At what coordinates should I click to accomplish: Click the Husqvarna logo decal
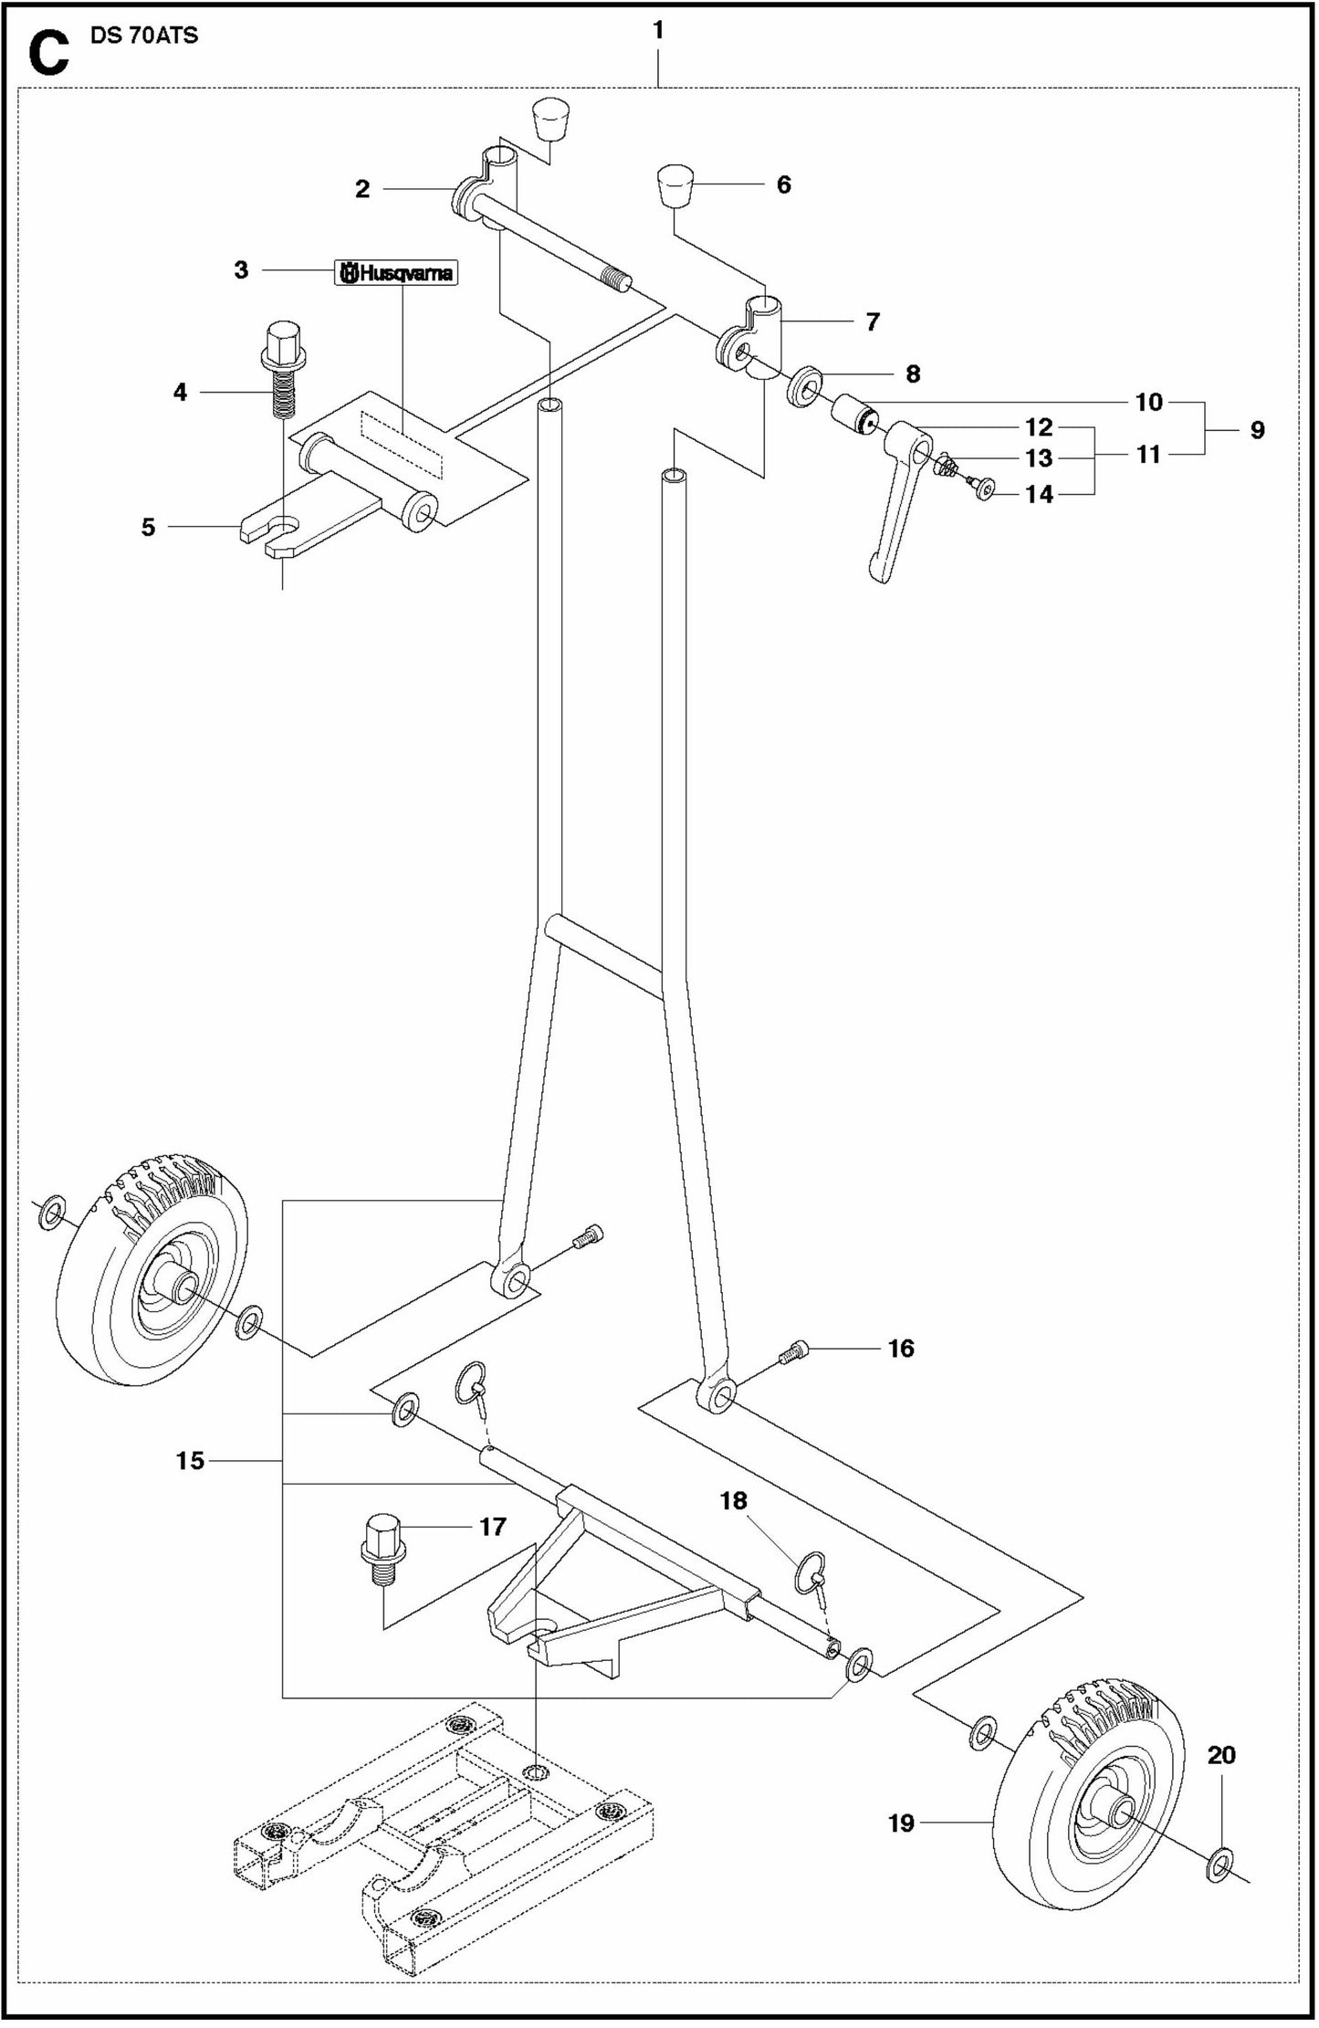pos(396,272)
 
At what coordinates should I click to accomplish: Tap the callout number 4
pos(180,392)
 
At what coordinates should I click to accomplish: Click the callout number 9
pos(1257,430)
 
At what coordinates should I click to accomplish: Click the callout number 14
pos(1039,494)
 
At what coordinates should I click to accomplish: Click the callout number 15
pos(190,1461)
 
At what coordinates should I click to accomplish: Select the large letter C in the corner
pos(47,53)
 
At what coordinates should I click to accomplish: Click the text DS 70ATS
pos(145,37)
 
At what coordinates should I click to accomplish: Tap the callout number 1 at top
pos(658,30)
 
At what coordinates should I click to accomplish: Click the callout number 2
pos(362,189)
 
